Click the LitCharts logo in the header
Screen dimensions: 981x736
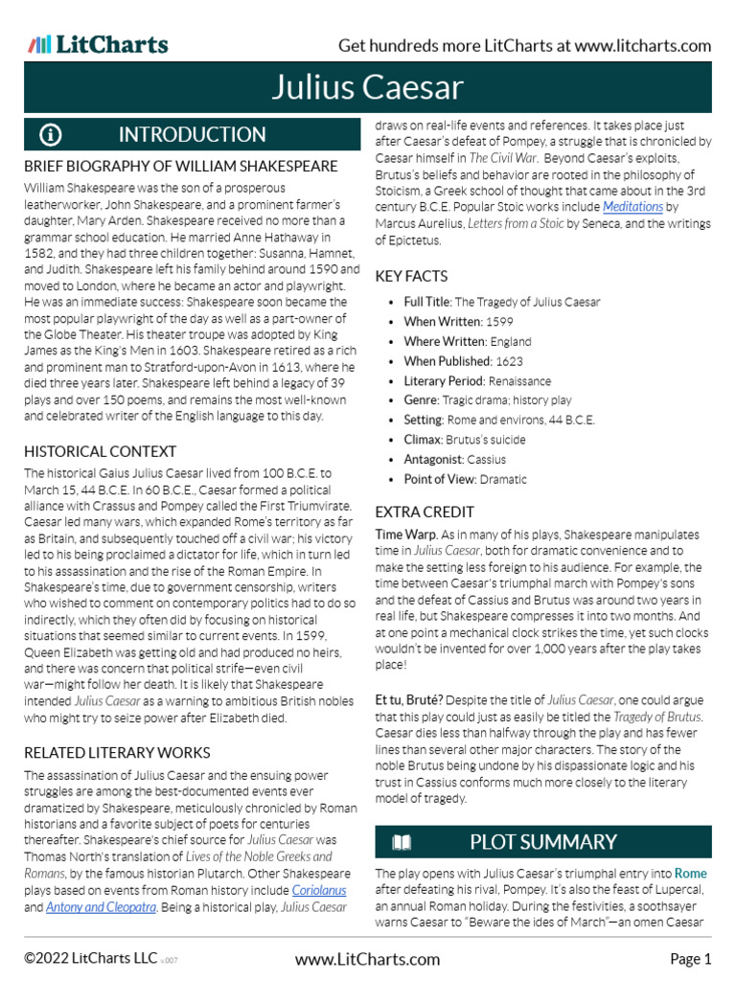[98, 44]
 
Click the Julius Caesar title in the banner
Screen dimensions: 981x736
[367, 88]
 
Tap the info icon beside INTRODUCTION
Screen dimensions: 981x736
[51, 134]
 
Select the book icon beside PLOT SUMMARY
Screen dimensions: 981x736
[402, 842]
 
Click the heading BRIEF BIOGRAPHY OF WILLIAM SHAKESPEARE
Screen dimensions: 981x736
[180, 166]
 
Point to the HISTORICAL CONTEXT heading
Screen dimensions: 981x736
[100, 451]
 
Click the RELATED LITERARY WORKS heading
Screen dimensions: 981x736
[117, 752]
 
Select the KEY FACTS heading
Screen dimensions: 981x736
[411, 276]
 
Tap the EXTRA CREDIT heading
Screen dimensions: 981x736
[425, 512]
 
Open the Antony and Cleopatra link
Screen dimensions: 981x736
[101, 907]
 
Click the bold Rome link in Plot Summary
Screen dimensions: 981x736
[690, 874]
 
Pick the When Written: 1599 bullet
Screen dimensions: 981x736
[459, 322]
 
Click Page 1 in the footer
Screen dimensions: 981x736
[690, 959]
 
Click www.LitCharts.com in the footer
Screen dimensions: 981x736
[367, 959]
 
